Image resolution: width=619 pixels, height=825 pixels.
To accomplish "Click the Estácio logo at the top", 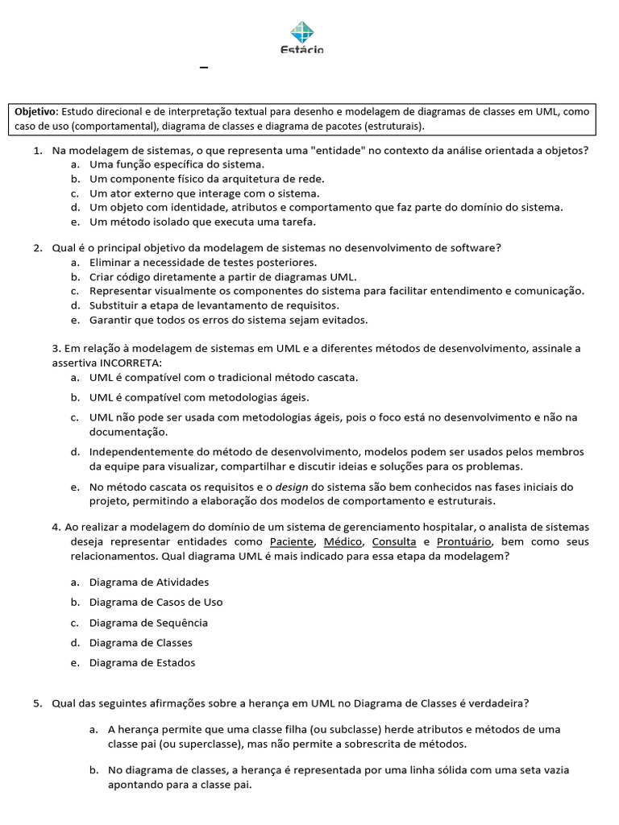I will pyautogui.click(x=302, y=38).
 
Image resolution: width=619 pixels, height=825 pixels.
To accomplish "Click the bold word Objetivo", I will pyautogui.click(x=35, y=113).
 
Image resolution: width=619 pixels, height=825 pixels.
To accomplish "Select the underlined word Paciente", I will pyautogui.click(x=293, y=542).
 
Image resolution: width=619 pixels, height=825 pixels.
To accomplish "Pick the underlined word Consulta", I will pyautogui.click(x=393, y=542).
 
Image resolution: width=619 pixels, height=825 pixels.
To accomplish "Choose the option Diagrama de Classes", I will pyautogui.click(x=140, y=643).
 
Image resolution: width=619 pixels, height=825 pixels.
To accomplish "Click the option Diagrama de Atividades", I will pyautogui.click(x=148, y=582).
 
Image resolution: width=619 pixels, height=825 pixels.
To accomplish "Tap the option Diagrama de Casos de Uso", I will pyautogui.click(x=156, y=602).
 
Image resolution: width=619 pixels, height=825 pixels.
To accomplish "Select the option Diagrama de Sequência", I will pyautogui.click(x=148, y=623).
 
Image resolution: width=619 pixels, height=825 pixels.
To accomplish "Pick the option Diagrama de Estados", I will pyautogui.click(x=142, y=663).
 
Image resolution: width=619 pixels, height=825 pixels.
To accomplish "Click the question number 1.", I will pyautogui.click(x=37, y=151).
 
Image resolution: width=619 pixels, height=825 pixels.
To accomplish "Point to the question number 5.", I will pyautogui.click(x=37, y=703).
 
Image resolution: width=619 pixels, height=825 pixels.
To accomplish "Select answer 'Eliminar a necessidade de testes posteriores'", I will pyautogui.click(x=202, y=263).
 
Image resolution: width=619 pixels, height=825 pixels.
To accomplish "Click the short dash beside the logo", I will pyautogui.click(x=204, y=68).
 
